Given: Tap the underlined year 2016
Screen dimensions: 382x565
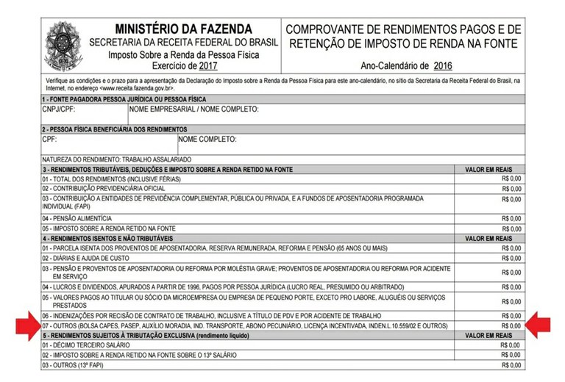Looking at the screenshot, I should pos(443,65).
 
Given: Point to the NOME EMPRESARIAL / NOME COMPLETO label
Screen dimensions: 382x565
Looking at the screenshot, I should pos(193,110).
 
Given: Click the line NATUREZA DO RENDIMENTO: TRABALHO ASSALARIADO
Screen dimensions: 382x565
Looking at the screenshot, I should pos(117,159).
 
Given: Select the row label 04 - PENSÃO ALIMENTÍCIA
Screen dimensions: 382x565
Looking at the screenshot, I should pos(77,218).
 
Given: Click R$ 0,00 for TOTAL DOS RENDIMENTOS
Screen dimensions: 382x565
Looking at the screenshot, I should pos(511,179).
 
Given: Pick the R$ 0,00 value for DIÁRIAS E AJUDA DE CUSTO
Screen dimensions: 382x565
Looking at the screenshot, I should pos(511,258).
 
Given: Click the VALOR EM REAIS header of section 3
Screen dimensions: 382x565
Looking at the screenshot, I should pos(488,169).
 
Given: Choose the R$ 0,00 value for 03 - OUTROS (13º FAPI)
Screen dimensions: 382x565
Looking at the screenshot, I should pos(511,365).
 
